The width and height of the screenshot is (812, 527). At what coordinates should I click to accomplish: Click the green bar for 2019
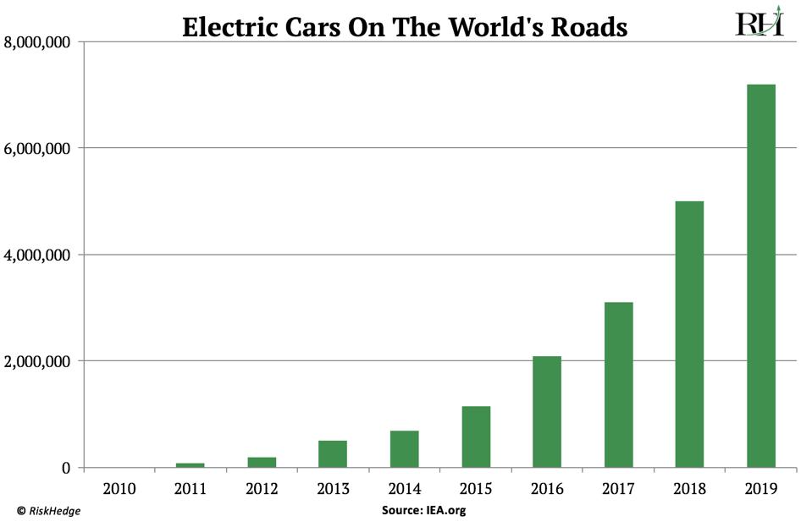[x=760, y=276]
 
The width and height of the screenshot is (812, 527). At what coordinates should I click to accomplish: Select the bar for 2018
[x=689, y=334]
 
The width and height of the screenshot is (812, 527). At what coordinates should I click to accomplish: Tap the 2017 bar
[x=618, y=385]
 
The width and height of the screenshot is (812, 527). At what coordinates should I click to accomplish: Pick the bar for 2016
[x=547, y=412]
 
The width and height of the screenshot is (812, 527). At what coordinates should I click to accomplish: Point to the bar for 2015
[x=476, y=436]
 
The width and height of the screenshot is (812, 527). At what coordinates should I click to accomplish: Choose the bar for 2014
[x=404, y=449]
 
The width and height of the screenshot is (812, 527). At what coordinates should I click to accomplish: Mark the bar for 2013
[x=333, y=454]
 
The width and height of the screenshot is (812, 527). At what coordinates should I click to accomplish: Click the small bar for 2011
[x=191, y=465]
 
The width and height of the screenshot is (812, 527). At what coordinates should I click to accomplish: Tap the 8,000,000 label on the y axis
[x=37, y=42]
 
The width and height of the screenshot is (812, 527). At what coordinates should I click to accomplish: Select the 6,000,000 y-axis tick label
[x=37, y=149]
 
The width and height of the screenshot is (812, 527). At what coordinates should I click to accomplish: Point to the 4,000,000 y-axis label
[x=37, y=255]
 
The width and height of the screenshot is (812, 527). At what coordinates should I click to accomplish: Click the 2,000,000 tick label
[x=37, y=362]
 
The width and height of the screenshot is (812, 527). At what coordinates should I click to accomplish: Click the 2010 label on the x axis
[x=119, y=488]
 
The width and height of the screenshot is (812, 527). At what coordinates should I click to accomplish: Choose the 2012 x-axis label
[x=262, y=488]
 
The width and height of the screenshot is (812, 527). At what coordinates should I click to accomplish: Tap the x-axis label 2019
[x=760, y=488]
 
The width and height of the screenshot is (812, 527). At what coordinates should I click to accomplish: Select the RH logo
[x=759, y=24]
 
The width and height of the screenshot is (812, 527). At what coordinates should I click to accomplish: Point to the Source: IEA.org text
[x=423, y=511]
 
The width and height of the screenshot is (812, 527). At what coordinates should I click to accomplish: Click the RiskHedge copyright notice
[x=49, y=511]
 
